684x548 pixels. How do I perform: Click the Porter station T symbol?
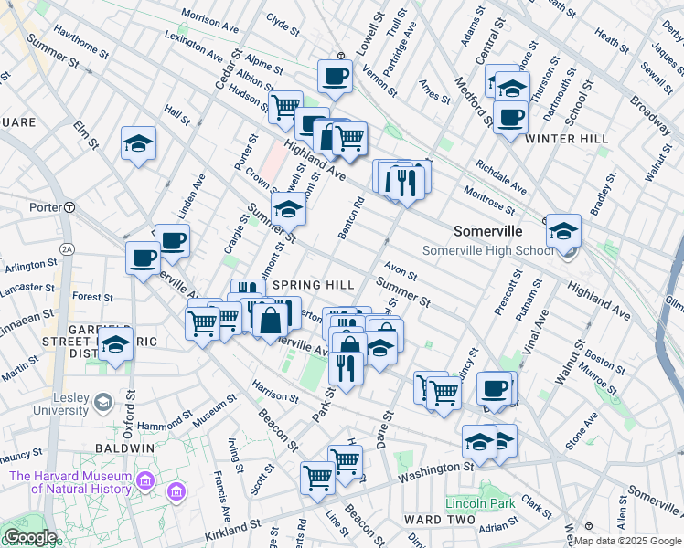pyautogui.click(x=69, y=207)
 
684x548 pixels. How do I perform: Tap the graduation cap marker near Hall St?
pyautogui.click(x=138, y=144)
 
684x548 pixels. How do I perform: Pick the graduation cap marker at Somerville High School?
pyautogui.click(x=563, y=230)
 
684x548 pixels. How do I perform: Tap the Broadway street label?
pyautogui.click(x=650, y=112)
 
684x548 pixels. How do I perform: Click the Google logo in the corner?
pyautogui.click(x=30, y=537)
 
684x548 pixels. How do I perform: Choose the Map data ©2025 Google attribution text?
pyautogui.click(x=626, y=541)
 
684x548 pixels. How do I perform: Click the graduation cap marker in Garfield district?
pyautogui.click(x=115, y=345)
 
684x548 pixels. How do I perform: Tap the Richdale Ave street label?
pyautogui.click(x=501, y=177)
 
